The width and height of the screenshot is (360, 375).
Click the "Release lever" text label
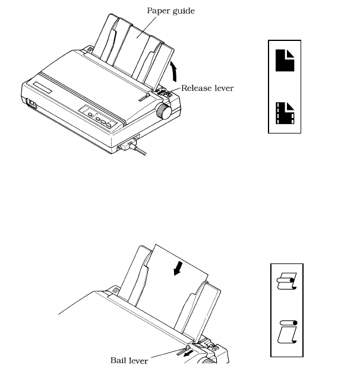207,88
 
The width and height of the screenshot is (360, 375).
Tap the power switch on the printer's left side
29,106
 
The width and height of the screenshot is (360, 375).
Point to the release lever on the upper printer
162,90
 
